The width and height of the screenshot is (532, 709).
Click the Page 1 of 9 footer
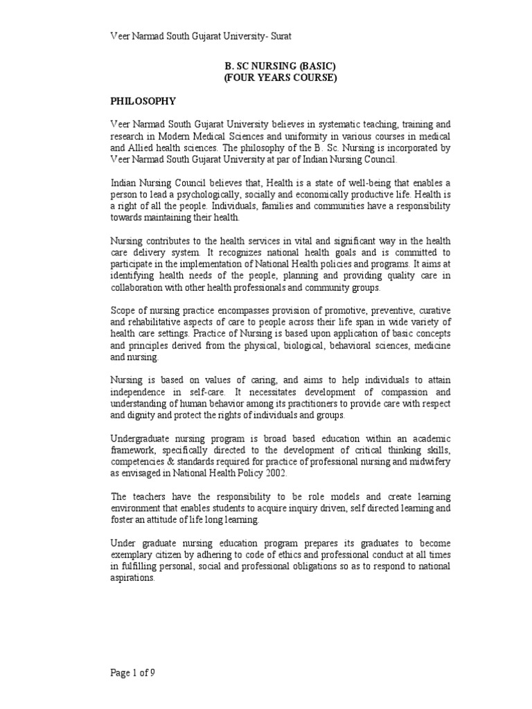coord(136,671)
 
